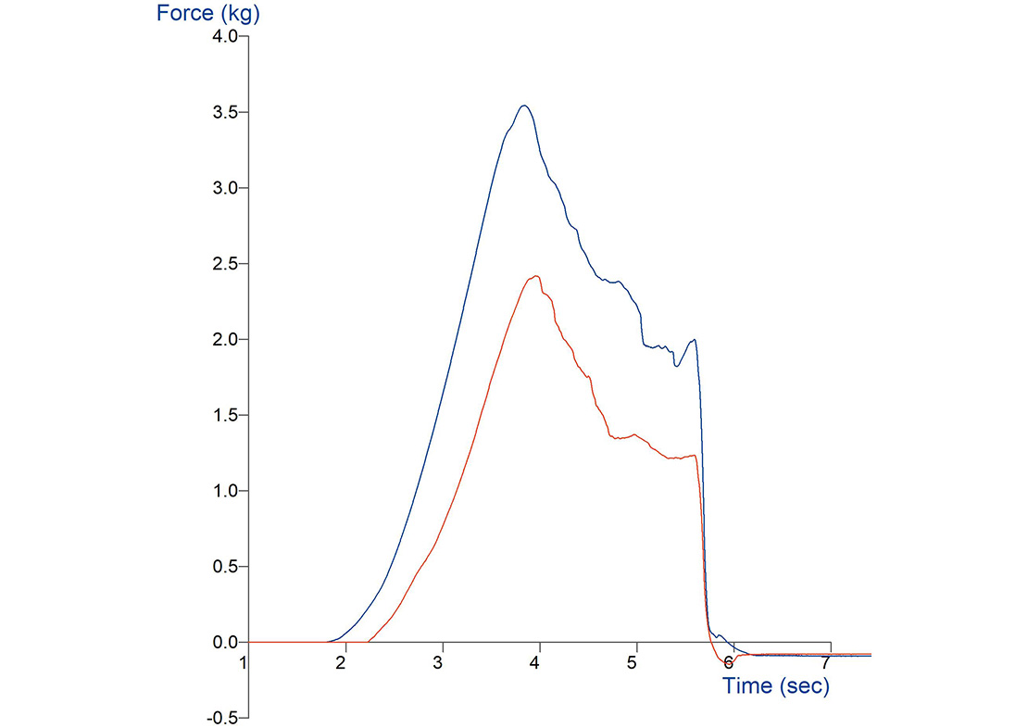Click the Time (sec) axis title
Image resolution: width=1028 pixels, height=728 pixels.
point(775,686)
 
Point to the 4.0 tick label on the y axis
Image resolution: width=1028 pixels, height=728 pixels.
point(226,36)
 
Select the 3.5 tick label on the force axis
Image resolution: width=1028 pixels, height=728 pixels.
point(226,112)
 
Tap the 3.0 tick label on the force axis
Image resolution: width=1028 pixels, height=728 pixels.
point(226,188)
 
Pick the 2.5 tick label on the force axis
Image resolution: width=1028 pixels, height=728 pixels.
point(226,264)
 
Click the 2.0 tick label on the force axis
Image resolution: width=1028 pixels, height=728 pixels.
point(226,340)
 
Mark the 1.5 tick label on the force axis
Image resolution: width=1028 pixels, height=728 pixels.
point(226,415)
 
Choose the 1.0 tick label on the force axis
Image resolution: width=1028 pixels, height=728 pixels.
point(226,491)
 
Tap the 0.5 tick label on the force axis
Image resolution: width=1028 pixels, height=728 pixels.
point(226,567)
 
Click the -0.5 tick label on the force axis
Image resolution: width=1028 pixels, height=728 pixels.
point(223,718)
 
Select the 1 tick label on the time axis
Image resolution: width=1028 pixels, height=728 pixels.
point(244,663)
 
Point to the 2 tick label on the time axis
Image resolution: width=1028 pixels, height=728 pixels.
point(342,663)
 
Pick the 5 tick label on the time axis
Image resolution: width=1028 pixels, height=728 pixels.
point(633,663)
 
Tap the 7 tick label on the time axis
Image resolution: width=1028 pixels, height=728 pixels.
point(824,663)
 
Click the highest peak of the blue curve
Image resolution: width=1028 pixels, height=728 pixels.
point(524,106)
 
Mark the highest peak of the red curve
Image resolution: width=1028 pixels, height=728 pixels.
point(536,276)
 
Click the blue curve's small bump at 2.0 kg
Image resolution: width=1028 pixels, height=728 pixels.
point(694,340)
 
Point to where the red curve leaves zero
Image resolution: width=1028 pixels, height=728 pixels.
point(368,641)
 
